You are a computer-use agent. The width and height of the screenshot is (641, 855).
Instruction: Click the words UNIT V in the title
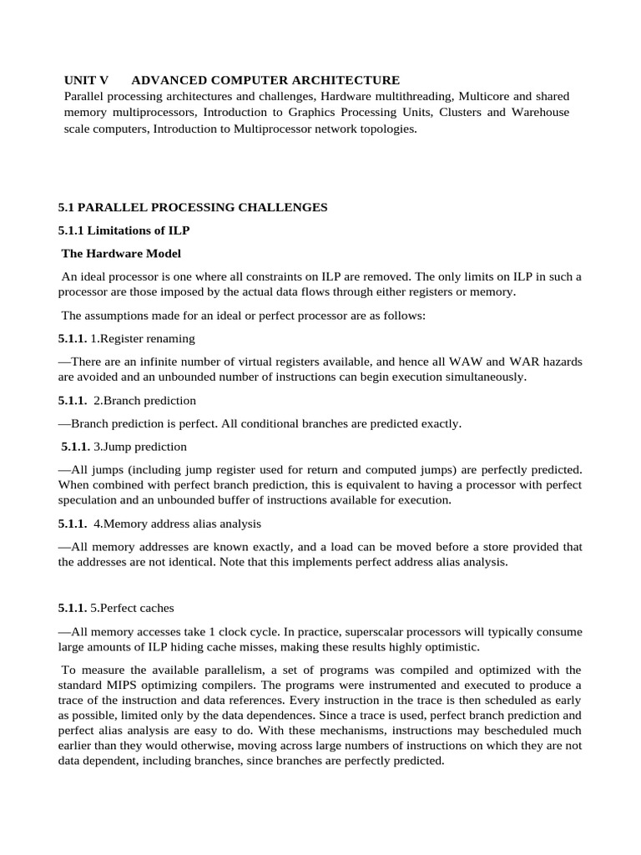click(87, 80)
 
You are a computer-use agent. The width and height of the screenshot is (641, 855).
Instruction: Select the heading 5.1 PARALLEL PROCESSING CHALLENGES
click(193, 207)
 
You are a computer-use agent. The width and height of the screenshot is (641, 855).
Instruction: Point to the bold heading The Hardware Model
click(122, 253)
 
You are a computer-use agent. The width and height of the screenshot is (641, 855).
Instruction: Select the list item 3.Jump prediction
click(139, 447)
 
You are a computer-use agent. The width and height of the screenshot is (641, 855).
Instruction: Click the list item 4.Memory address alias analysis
click(178, 524)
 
